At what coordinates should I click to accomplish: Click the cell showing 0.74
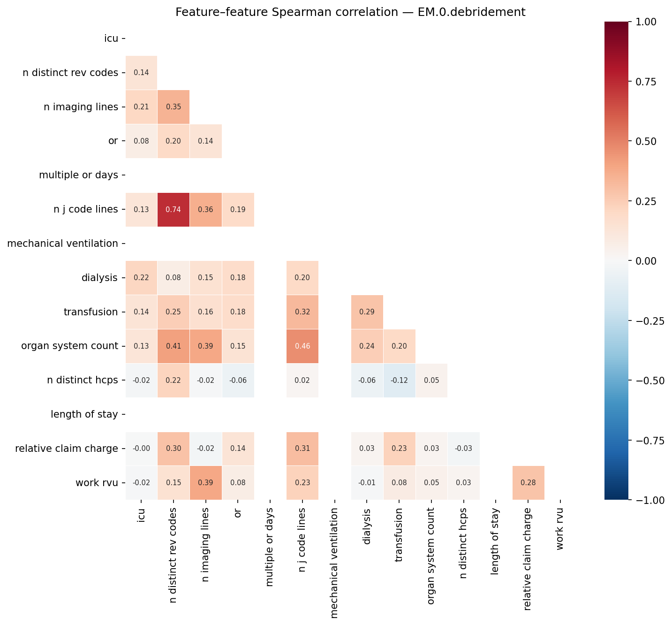tap(174, 210)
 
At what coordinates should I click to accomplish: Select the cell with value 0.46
tap(302, 346)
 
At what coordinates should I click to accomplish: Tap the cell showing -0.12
tap(399, 381)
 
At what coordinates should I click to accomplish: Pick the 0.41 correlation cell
tap(174, 346)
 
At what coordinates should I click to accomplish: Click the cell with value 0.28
tap(528, 483)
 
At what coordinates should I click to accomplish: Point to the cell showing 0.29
tap(367, 312)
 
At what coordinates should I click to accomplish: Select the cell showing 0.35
tap(174, 107)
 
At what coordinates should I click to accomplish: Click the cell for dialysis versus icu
tap(141, 278)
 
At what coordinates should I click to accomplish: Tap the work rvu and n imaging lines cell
tap(205, 483)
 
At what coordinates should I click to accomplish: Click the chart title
tap(350, 12)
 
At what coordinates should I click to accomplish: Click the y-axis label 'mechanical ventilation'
tap(63, 244)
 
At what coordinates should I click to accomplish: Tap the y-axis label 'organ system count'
tap(69, 346)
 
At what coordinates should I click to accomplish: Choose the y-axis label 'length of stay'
tap(84, 414)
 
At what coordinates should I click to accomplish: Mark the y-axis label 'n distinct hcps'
tap(83, 381)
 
